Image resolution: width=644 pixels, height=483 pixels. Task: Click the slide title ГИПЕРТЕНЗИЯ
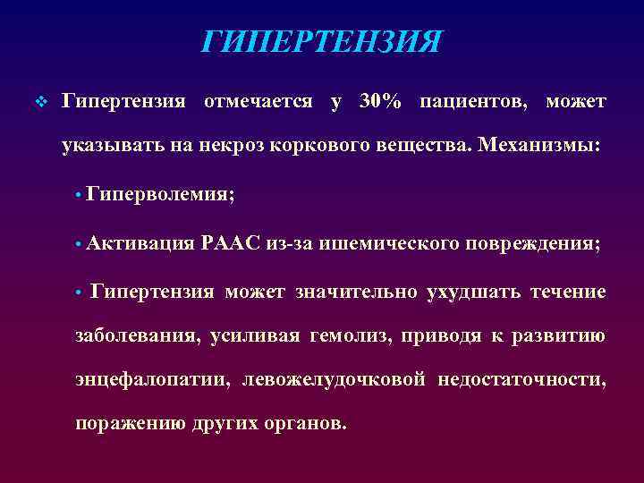322,40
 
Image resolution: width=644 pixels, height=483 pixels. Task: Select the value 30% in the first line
380,101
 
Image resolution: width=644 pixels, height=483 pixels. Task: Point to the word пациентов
471,101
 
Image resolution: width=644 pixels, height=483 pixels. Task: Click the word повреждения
520,243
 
